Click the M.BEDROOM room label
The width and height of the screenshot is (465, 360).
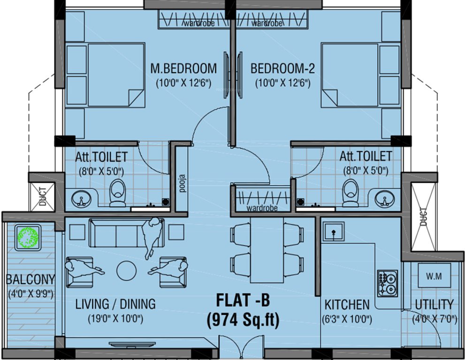(183, 68)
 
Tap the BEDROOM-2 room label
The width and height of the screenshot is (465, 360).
(282, 68)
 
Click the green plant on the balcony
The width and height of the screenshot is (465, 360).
(28, 238)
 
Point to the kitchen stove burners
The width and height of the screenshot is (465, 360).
(387, 284)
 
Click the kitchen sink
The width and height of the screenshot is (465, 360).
(333, 232)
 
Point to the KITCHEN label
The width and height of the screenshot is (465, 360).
(347, 305)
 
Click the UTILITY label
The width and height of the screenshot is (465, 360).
(434, 305)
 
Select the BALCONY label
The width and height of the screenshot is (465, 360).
(30, 280)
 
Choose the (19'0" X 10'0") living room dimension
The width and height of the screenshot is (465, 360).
(115, 319)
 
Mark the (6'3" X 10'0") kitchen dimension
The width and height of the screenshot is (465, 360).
(348, 320)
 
